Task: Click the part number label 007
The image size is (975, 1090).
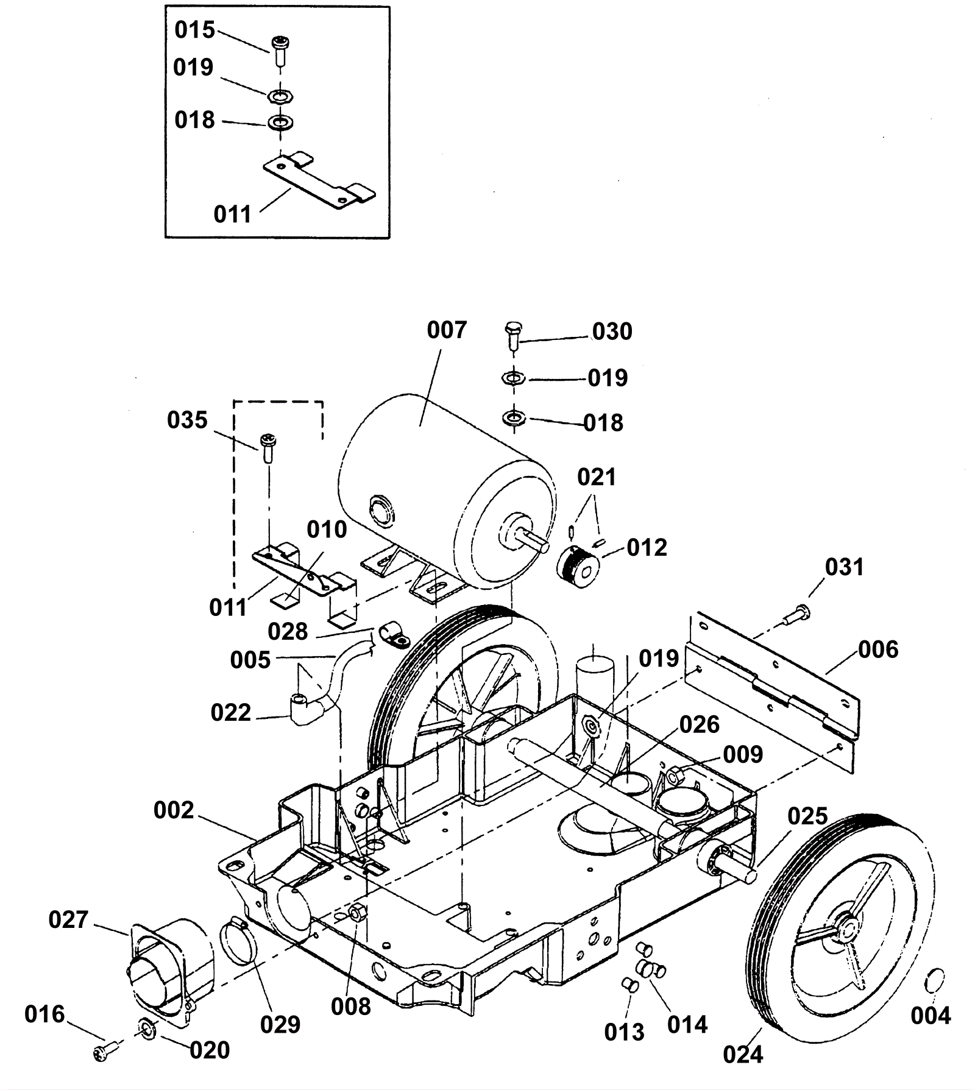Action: coord(446,330)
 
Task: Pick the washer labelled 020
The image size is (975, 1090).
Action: coord(147,1028)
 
